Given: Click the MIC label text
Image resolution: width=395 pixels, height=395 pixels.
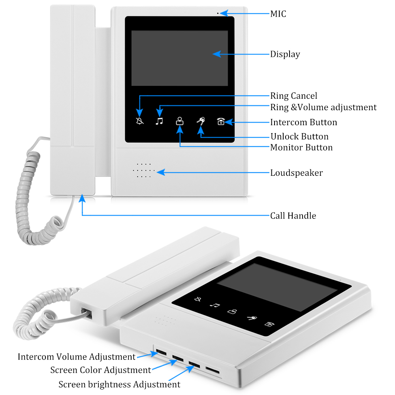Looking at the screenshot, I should click(278, 14).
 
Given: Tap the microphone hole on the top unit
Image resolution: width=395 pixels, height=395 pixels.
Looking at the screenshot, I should click(217, 13).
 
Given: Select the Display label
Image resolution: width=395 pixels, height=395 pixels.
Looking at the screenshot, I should click(285, 54).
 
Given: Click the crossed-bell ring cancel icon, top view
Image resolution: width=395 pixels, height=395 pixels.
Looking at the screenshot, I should click(140, 121).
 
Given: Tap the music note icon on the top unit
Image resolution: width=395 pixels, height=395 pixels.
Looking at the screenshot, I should click(159, 121).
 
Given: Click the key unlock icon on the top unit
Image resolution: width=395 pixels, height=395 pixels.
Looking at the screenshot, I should click(201, 121).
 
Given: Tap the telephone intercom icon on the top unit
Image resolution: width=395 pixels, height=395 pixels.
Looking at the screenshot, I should click(221, 122).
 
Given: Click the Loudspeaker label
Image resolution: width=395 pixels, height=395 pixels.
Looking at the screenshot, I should click(296, 173).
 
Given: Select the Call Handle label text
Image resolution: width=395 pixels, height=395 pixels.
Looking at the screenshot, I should click(293, 216).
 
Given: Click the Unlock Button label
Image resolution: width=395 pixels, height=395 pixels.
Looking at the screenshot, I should click(299, 137).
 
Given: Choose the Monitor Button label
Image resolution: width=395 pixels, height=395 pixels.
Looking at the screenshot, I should click(301, 147).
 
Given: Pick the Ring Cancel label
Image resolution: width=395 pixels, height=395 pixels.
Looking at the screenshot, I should click(293, 96).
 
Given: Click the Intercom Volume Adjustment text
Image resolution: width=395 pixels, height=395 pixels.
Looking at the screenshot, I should click(77, 357).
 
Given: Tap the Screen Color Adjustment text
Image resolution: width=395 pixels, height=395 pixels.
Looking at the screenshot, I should click(100, 370).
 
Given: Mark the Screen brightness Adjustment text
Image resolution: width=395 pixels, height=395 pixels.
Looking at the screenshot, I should click(119, 384).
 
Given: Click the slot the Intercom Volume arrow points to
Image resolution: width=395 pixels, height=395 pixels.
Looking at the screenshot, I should click(161, 352).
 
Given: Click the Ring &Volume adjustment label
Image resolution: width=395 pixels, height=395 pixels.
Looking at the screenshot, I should click(323, 107).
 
